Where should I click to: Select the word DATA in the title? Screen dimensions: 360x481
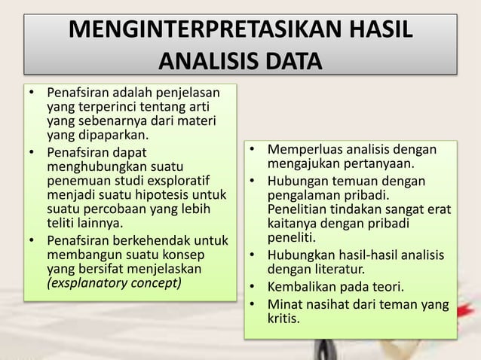pos(289,59)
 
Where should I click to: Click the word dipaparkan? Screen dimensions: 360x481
pos(112,136)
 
